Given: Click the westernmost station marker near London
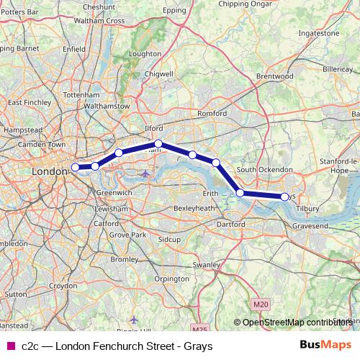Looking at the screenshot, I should pos(75,168).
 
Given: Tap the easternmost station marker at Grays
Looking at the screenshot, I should pos(284,197).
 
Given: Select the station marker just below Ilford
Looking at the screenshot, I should pos(159,144).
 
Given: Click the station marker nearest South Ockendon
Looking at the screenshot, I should pos(240,193).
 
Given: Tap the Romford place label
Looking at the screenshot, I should pos(212,114).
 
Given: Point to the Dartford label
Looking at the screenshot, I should pos(230,225).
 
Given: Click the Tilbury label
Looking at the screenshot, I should pos(307,209).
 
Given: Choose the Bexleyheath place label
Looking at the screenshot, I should pos(195,208).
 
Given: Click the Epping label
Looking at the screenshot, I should pos(175,11).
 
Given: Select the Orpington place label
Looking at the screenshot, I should pos(171,278).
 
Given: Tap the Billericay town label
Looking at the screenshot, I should pos(338,65).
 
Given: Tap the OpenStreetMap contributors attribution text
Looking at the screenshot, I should pos(296,323).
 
